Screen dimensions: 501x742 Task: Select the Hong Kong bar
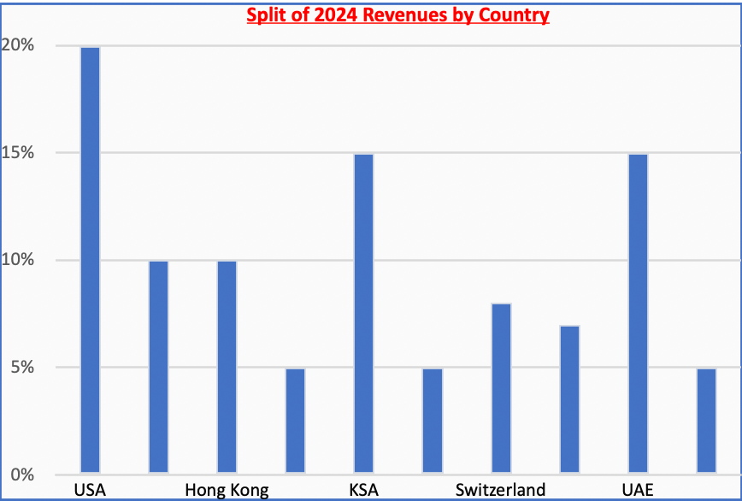click(227, 367)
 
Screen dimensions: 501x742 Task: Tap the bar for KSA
click(363, 313)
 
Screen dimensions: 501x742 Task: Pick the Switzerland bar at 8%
click(501, 388)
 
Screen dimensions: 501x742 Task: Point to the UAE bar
click(638, 313)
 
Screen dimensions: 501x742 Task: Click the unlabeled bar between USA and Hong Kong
click(158, 367)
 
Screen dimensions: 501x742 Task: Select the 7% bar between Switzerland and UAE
click(569, 399)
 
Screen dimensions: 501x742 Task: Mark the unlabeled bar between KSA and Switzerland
click(433, 420)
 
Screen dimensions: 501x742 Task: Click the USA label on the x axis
click(90, 490)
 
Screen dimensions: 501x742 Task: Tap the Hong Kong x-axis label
click(227, 490)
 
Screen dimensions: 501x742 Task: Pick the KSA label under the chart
click(363, 490)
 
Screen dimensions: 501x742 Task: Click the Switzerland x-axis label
click(500, 490)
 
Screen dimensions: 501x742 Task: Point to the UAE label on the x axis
click(637, 490)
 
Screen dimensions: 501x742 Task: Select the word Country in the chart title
click(512, 15)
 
